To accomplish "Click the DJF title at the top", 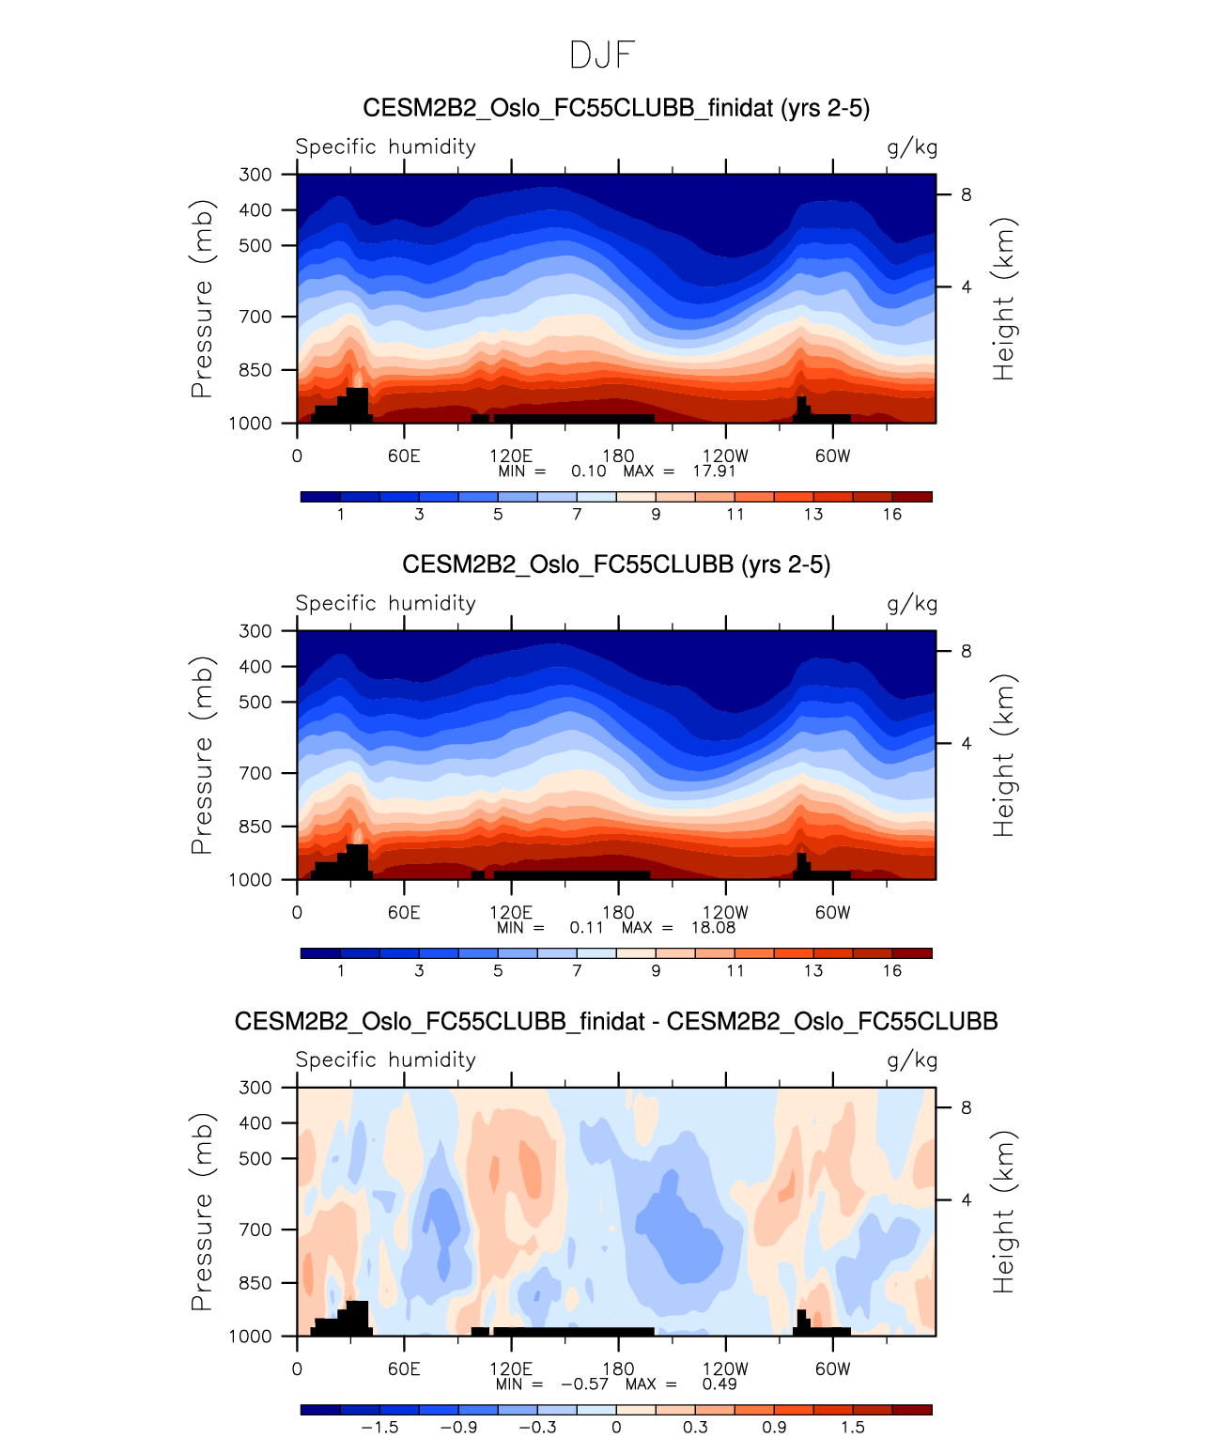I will click(x=602, y=55).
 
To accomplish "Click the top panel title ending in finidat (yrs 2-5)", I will click(x=616, y=108).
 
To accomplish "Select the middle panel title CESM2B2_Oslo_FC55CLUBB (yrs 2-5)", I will click(x=616, y=564).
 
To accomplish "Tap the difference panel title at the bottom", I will click(x=616, y=1021).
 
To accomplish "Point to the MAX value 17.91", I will click(x=714, y=471).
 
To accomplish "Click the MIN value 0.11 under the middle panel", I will click(x=586, y=927).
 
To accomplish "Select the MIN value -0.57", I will click(x=584, y=1384).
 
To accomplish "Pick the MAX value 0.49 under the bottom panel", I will click(x=720, y=1384).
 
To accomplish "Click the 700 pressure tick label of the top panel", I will click(x=255, y=317).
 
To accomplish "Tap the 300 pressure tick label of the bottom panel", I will click(x=255, y=1087).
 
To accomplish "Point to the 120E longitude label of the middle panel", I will click(x=511, y=912).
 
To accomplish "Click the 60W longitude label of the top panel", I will click(x=832, y=456).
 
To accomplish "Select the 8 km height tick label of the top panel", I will click(x=966, y=194).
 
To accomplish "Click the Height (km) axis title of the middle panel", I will click(x=1004, y=755).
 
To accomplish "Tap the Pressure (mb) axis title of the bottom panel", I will click(x=202, y=1212).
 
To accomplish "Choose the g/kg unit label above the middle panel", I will click(x=912, y=603).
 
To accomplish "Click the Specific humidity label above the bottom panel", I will click(x=385, y=1059).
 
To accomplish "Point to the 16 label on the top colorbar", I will click(x=892, y=514).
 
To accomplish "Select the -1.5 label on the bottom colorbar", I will click(x=379, y=1427).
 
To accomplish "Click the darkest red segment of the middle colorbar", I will click(x=912, y=952).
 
